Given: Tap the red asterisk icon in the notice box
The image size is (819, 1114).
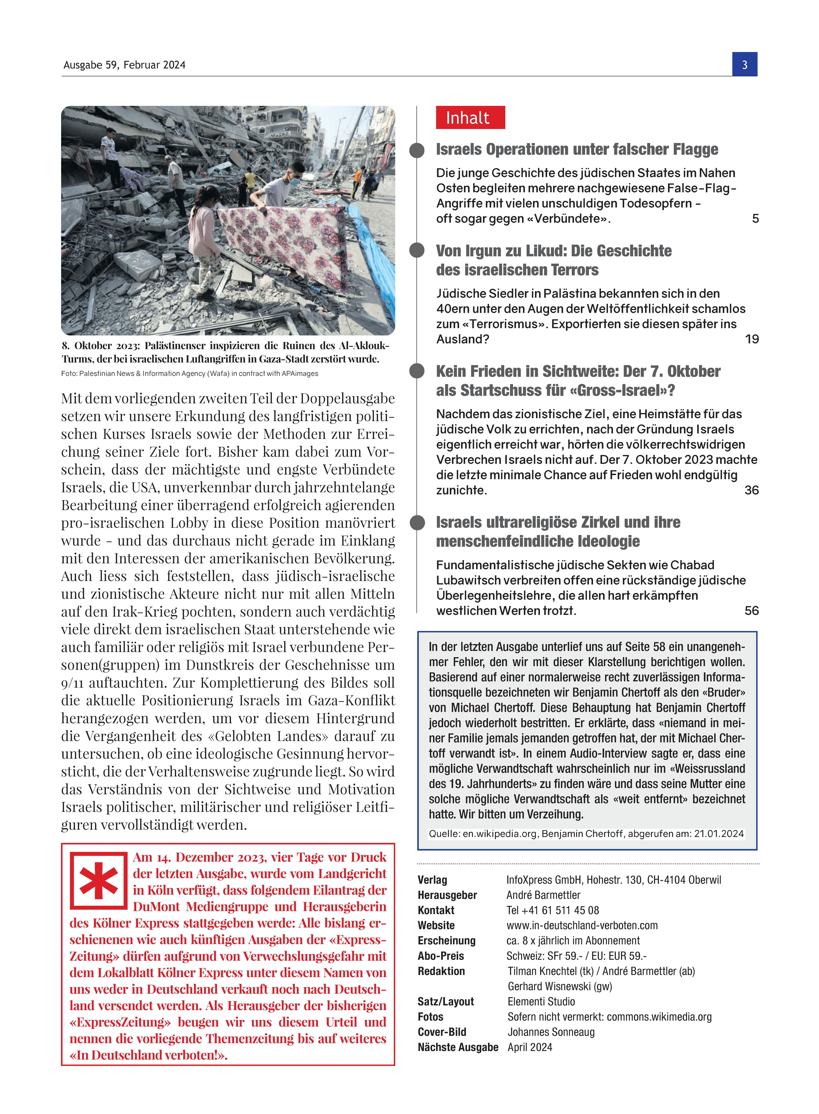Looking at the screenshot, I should pyautogui.click(x=99, y=880).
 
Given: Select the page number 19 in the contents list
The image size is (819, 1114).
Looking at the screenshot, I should pyautogui.click(x=752, y=339).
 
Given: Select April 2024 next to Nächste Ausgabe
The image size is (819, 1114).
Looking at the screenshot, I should pyautogui.click(x=529, y=1047).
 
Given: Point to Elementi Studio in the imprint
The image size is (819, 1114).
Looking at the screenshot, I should pyautogui.click(x=541, y=1001).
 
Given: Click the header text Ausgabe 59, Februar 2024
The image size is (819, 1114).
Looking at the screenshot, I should pyautogui.click(x=124, y=65).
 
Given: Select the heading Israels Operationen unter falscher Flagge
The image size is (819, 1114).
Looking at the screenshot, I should pyautogui.click(x=577, y=149).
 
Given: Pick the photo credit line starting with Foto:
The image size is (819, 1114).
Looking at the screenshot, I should pyautogui.click(x=189, y=373).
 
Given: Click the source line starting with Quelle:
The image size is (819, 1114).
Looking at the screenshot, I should pyautogui.click(x=586, y=834).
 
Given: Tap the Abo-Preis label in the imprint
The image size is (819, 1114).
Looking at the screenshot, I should pyautogui.click(x=441, y=956).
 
